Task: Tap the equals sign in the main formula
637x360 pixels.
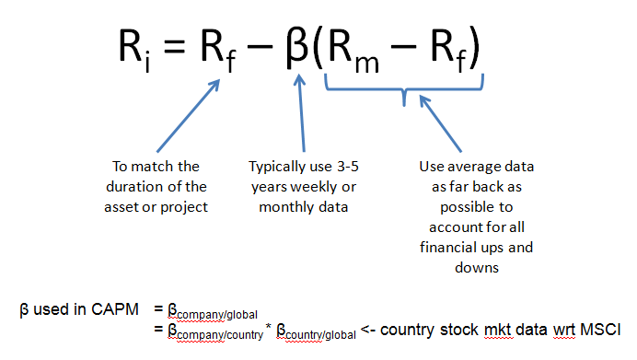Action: tap(175, 46)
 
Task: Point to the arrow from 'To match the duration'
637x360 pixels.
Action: tap(188, 116)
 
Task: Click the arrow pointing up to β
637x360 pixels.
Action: tap(301, 113)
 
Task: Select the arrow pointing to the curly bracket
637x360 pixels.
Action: tap(440, 123)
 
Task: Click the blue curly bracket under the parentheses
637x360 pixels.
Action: tap(404, 87)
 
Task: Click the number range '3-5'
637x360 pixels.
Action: tap(348, 166)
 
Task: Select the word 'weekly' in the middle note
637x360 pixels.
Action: tap(315, 187)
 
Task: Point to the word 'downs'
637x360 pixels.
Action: tap(477, 268)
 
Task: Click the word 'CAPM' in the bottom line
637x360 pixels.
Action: tap(115, 309)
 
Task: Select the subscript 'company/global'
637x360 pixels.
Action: tap(217, 315)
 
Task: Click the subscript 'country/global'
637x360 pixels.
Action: tap(320, 335)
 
